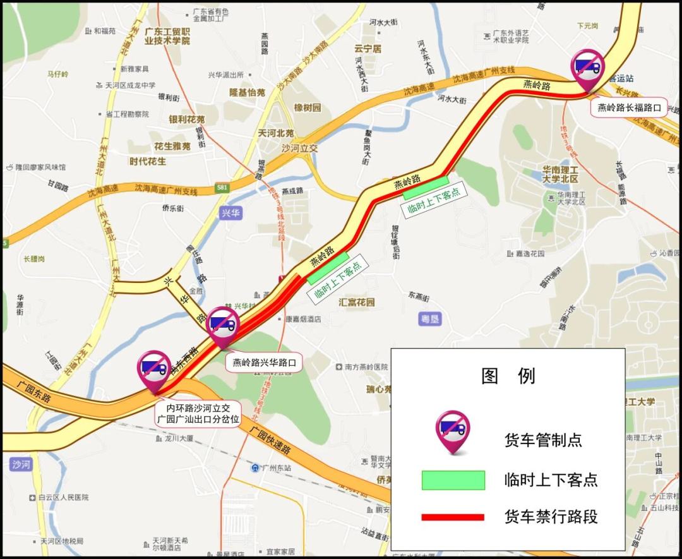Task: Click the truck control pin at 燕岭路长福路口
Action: [x=587, y=67]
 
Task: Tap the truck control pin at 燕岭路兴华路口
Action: [x=223, y=325]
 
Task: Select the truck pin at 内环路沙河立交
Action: [x=155, y=368]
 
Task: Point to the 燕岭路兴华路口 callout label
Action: [x=264, y=363]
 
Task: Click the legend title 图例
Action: [x=508, y=376]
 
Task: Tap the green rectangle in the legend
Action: [x=453, y=480]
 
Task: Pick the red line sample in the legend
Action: [x=453, y=517]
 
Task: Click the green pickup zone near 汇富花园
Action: [x=328, y=267]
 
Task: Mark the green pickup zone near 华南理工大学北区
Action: [x=426, y=189]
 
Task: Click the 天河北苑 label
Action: [x=276, y=133]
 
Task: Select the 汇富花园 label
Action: [x=357, y=302]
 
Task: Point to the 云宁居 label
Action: [x=368, y=49]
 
